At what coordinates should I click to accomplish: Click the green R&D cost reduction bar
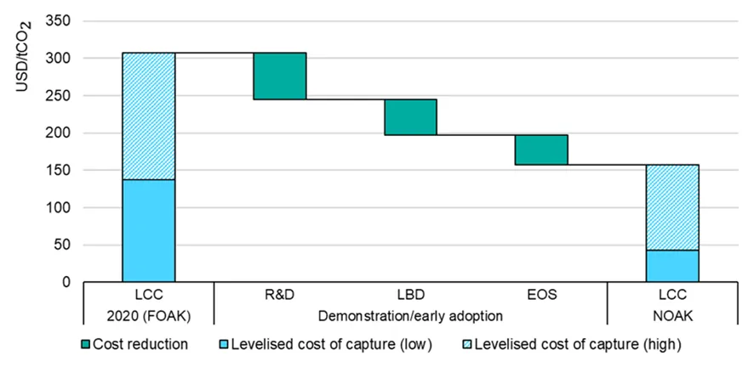click(x=280, y=76)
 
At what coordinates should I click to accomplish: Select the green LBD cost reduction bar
click(x=410, y=117)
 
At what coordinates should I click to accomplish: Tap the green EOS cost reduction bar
click(x=541, y=150)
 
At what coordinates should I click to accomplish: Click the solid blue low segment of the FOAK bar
click(x=149, y=231)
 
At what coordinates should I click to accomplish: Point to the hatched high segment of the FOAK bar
click(x=149, y=116)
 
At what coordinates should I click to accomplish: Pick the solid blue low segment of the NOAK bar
click(x=672, y=266)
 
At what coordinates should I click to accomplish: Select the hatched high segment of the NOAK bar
click(x=672, y=207)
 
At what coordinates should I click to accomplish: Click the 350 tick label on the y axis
click(x=58, y=21)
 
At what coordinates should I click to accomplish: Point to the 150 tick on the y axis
click(x=58, y=170)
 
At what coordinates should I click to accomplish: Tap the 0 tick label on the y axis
click(x=67, y=282)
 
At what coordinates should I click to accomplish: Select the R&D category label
click(x=280, y=295)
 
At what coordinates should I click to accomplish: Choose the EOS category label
click(x=541, y=295)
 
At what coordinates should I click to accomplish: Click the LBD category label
click(x=410, y=295)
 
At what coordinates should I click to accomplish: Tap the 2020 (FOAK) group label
click(x=149, y=317)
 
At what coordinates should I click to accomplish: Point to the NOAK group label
click(x=672, y=317)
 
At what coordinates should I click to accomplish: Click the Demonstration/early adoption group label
click(x=410, y=317)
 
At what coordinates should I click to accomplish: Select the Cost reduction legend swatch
click(x=86, y=345)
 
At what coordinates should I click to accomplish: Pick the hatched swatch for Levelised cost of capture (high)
click(x=467, y=345)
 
